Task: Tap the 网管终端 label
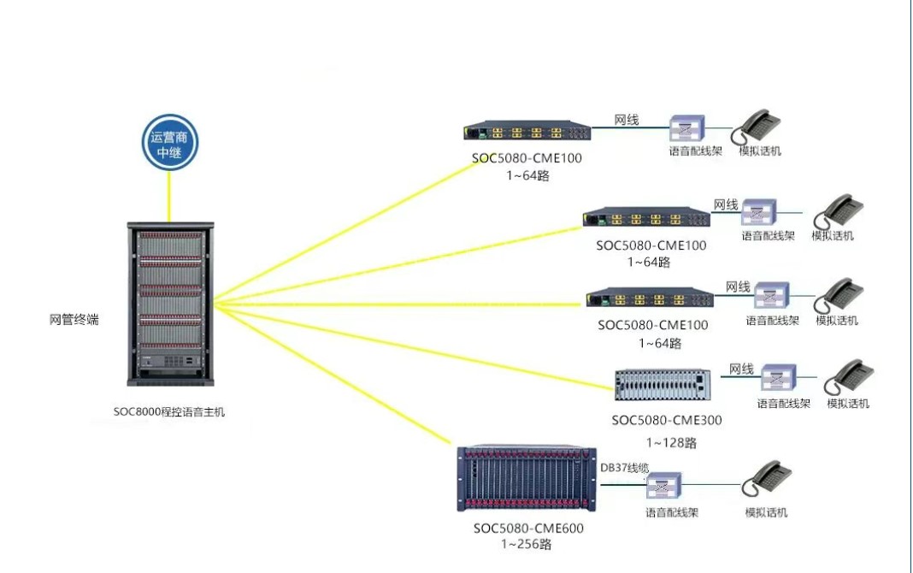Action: coord(74,320)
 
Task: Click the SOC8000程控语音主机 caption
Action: coord(169,411)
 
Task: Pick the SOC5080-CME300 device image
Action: coord(662,385)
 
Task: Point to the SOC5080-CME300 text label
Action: coord(667,420)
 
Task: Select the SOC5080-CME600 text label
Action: coord(528,528)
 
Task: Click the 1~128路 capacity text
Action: coord(671,442)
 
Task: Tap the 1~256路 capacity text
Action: coord(526,543)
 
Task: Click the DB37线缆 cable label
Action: coord(625,468)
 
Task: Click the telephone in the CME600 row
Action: coord(766,479)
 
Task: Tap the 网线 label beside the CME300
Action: coord(741,369)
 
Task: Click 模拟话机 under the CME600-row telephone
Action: coord(766,512)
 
